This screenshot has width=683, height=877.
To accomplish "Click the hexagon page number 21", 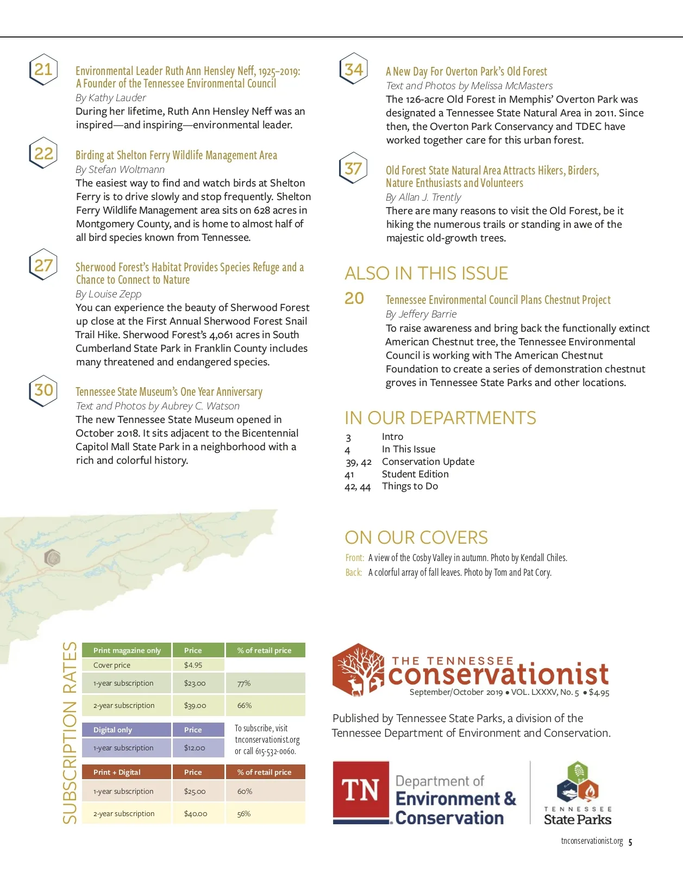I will pyautogui.click(x=43, y=70).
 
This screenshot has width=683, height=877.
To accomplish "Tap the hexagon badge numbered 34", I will pyautogui.click(x=354, y=69).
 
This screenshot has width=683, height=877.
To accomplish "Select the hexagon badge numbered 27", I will pyautogui.click(x=43, y=265).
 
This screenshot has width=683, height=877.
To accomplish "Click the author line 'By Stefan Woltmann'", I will pyautogui.click(x=120, y=170).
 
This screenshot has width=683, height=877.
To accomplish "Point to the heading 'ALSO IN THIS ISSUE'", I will pyautogui.click(x=427, y=273).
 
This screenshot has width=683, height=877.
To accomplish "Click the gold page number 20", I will pyautogui.click(x=354, y=298).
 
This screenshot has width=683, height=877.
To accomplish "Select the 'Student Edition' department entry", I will pyautogui.click(x=415, y=474).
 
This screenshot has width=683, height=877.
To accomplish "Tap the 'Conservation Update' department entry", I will pyautogui.click(x=428, y=462).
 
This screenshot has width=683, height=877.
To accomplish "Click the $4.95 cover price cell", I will pyautogui.click(x=193, y=665).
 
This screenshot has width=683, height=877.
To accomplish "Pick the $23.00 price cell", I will pyautogui.click(x=195, y=683).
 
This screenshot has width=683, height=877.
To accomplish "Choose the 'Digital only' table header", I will pyautogui.click(x=112, y=730).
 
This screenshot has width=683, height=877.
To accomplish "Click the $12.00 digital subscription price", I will pyautogui.click(x=195, y=748).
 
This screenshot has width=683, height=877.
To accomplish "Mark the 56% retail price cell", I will pyautogui.click(x=244, y=814).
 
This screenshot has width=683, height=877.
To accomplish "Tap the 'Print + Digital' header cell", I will pyautogui.click(x=117, y=772).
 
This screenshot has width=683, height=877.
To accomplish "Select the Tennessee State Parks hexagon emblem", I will pyautogui.click(x=578, y=781).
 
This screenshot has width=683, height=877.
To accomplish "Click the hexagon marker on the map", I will pyautogui.click(x=52, y=557).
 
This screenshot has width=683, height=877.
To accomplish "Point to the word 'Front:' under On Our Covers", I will pyautogui.click(x=355, y=558).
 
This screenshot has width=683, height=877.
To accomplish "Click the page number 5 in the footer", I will pyautogui.click(x=630, y=842).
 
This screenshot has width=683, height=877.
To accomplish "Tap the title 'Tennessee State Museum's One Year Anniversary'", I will pyautogui.click(x=169, y=392).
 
